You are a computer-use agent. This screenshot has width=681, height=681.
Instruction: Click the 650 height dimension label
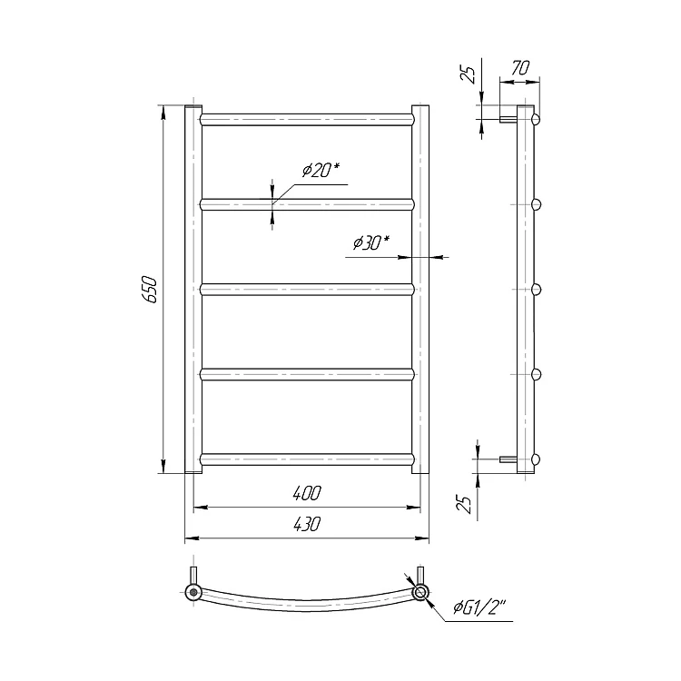tap(150, 289)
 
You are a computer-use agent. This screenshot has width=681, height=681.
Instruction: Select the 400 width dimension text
tap(307, 493)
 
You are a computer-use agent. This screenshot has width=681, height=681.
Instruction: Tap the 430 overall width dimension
tap(307, 524)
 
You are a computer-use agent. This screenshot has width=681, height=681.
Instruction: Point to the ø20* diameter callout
tap(321, 170)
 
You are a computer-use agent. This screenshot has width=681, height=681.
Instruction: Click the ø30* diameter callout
tap(371, 242)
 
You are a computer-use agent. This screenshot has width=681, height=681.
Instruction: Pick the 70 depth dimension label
tap(520, 68)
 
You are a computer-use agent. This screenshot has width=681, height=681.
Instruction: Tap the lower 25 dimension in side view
tap(465, 504)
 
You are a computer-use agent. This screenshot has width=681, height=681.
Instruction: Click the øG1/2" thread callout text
tap(480, 607)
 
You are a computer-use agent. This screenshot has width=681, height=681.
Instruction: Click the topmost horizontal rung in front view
tap(307, 120)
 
